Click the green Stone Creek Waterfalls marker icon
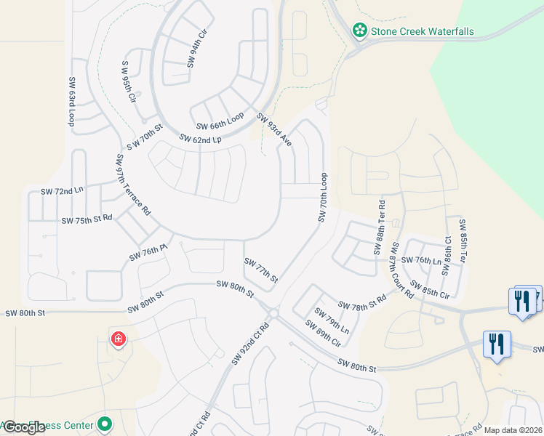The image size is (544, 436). [359, 31]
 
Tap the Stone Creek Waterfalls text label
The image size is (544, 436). [423, 31]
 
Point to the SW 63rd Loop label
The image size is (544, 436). [73, 102]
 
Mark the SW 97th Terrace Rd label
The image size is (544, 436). [132, 185]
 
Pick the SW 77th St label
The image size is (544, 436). [261, 270]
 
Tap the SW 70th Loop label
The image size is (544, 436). [323, 198]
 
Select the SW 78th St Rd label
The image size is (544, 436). [361, 302]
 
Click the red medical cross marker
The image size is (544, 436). [117, 338]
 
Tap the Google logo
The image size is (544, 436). [23, 428]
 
